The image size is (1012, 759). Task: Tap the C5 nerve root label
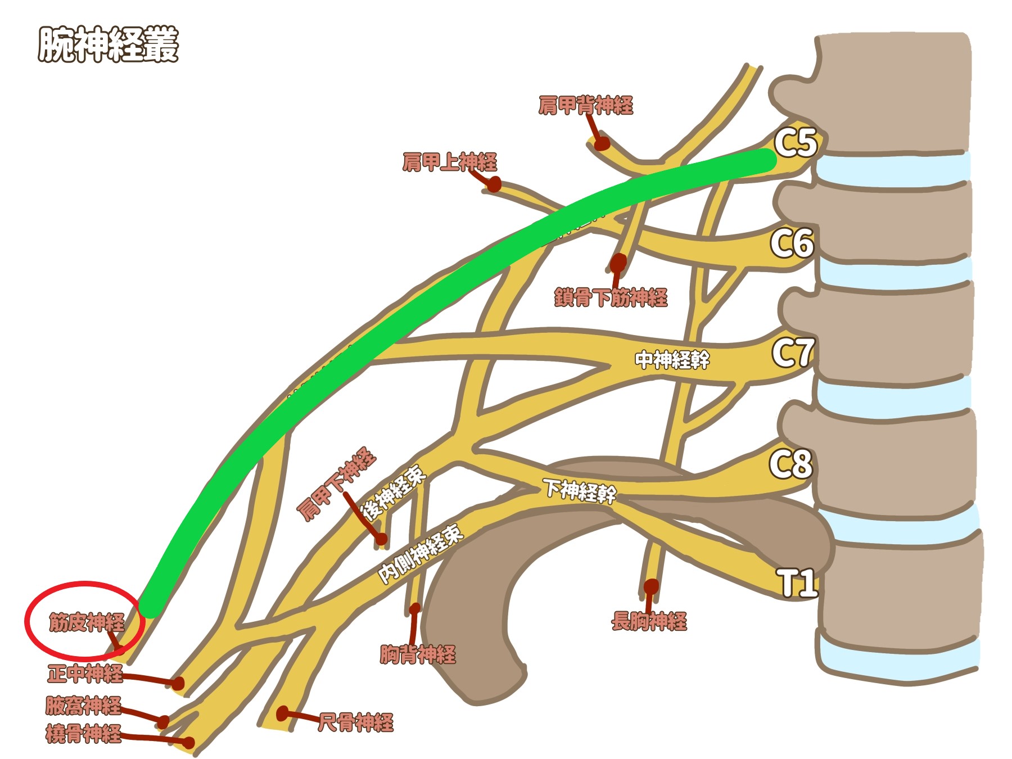[x=795, y=142]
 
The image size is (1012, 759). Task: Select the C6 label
[x=792, y=243]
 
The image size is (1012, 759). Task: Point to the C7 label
[x=793, y=353]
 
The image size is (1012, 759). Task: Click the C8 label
[x=790, y=464]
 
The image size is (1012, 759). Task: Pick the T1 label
[x=797, y=582]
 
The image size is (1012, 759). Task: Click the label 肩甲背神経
[x=586, y=105]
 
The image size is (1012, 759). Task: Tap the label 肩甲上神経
[x=450, y=162]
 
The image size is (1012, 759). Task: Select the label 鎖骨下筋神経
[x=611, y=297]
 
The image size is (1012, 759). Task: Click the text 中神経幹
[x=672, y=359]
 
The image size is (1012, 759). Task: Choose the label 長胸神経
[x=649, y=621]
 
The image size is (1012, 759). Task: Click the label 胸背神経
[x=418, y=654]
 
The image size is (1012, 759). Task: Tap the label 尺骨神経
[x=356, y=722]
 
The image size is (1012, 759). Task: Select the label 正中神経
[x=85, y=673]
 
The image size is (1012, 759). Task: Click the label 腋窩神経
[x=84, y=705]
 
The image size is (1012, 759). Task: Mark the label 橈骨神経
[x=84, y=734]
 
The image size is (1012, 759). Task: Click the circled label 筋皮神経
[x=86, y=622]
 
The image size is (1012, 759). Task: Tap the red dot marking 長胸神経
[x=651, y=586]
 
